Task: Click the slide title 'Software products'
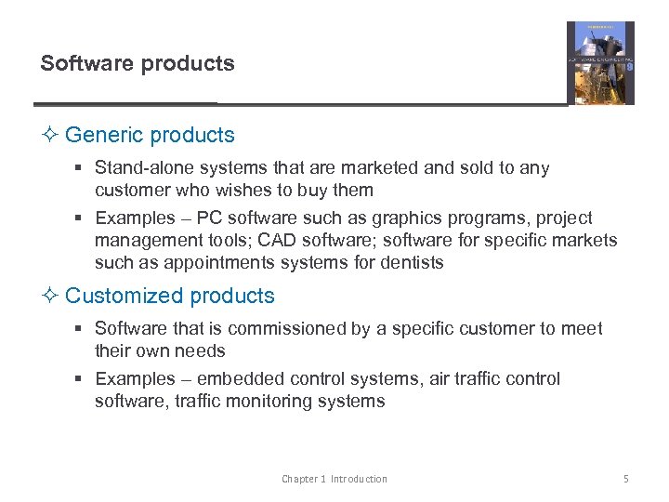click(x=138, y=63)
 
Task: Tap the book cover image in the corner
click(x=600, y=62)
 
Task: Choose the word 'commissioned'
click(x=282, y=328)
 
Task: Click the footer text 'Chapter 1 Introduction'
click(x=334, y=479)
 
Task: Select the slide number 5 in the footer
click(x=625, y=479)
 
